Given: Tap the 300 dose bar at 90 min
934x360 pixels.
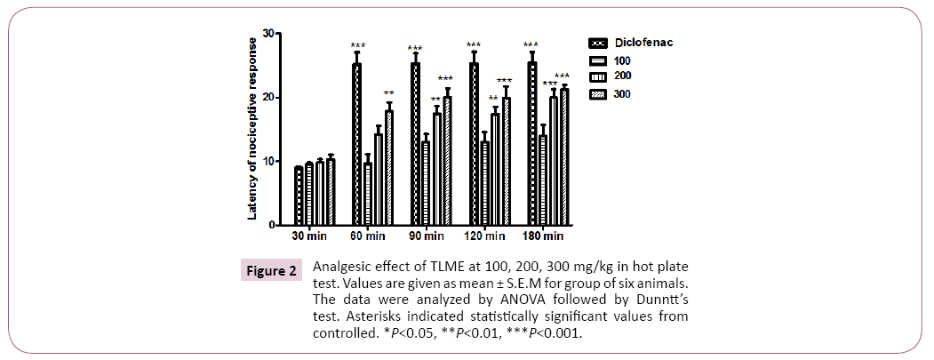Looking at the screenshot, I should coord(447,161).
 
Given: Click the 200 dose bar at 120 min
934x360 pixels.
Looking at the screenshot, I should coord(495,169).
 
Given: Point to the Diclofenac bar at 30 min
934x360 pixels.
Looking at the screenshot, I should coord(299,196).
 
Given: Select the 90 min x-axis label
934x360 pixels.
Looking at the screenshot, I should coord(427,236).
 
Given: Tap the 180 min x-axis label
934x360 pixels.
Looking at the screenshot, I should coord(542,236).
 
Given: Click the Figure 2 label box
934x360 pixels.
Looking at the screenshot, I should coord(271,271).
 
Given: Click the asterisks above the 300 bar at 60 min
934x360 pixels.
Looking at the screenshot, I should coord(388,93).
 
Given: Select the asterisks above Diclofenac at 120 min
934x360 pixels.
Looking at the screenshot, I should coord(474,45).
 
